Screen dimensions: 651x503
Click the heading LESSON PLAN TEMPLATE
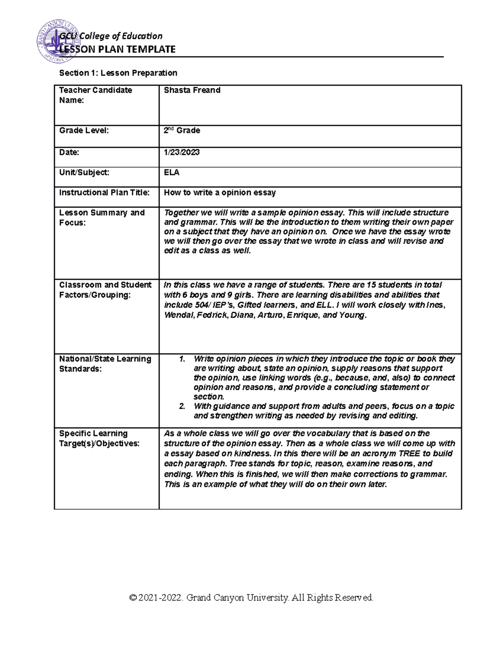coord(117,49)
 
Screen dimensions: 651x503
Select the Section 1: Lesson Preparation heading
coord(118,73)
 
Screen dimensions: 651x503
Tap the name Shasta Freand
coord(192,90)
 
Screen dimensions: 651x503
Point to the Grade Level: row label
coord(84,130)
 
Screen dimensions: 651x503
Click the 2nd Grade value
coord(181,130)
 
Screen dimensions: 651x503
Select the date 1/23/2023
coord(181,152)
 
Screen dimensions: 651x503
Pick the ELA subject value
coord(171,172)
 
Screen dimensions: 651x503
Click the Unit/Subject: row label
coord(84,172)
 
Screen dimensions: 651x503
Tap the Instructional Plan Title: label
coord(104,192)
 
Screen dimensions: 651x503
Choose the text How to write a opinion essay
coord(220,192)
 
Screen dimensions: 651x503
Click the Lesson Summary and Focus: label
coord(102,217)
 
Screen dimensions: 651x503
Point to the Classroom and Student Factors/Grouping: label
coord(105,290)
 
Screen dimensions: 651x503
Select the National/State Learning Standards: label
coord(105,363)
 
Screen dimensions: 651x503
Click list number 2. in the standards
coord(182,406)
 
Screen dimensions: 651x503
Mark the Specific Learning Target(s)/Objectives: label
coord(99,438)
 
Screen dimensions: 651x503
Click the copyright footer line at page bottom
coord(251,597)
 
